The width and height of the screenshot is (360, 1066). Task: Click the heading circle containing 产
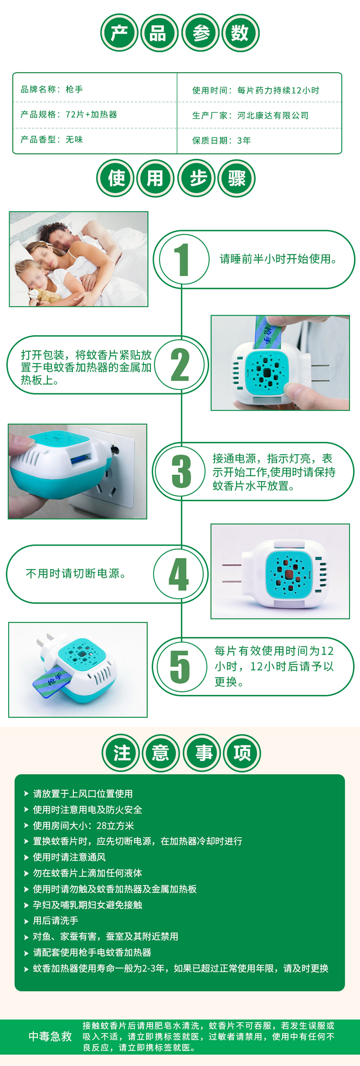coord(120,33)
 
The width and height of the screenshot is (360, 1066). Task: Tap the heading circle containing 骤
coord(237,179)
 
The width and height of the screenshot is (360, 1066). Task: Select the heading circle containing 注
coord(121,752)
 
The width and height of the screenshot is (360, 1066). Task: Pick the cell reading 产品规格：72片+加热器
coord(69,114)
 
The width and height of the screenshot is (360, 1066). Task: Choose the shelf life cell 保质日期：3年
coord(221,140)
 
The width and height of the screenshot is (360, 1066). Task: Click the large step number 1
coord(181,259)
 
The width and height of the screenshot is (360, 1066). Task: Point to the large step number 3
coord(181,472)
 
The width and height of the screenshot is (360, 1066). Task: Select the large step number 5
coord(180,666)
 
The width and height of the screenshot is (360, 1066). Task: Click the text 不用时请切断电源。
coord(76,573)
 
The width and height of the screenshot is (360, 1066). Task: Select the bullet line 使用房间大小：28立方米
coord(83,825)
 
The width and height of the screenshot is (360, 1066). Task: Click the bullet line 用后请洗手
coord(56,921)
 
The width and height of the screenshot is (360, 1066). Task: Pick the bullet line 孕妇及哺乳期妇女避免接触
coord(87,905)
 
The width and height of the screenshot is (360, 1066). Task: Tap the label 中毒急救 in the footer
coord(50,1036)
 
